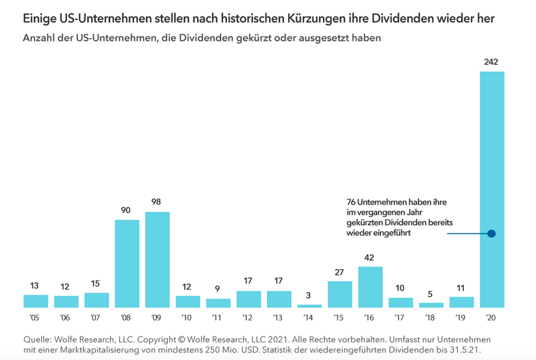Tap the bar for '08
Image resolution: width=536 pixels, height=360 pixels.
pos(127,263)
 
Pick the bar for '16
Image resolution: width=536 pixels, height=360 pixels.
pos(370,287)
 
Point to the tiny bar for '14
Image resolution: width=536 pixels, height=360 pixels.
pos(310,306)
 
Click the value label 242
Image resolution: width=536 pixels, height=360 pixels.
pos(491,62)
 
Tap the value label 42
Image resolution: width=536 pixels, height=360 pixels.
pos(370,257)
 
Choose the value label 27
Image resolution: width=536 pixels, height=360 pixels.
pos(340,272)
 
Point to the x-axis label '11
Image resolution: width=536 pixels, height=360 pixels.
pos(218,317)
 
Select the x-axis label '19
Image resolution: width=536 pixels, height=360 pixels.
pos(461,317)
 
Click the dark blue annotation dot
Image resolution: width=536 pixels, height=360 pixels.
pos(491,233)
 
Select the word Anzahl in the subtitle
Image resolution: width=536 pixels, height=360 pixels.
pos(38,38)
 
